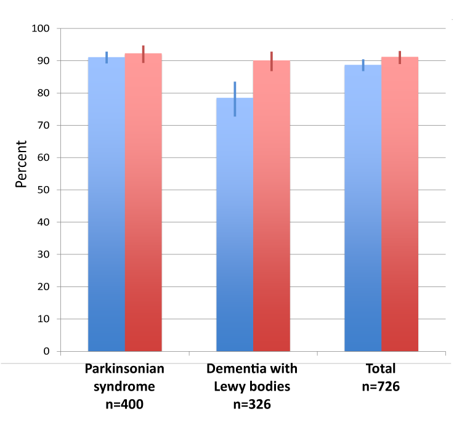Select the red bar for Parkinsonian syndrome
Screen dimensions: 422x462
[144, 203]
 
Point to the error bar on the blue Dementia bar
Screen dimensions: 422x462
[235, 99]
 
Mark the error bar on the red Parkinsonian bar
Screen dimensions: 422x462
[144, 54]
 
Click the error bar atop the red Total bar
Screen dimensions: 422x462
[400, 57]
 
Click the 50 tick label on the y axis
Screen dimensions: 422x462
[43, 190]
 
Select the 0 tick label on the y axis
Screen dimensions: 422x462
[46, 351]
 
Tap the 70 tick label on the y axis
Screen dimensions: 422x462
[43, 126]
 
